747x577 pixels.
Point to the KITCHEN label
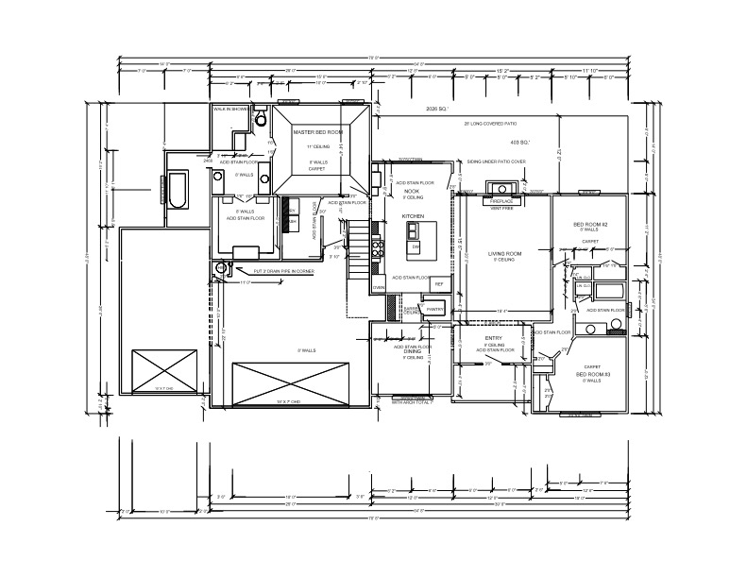pos(414,216)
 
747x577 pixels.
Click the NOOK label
pos(411,191)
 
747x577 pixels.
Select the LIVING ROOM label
pos(504,253)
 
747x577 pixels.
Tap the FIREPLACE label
pos(501,201)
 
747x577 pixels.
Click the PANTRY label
pos(434,309)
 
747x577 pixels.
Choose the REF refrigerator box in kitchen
pos(439,283)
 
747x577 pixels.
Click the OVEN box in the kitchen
pos(379,287)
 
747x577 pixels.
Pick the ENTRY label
pos(493,337)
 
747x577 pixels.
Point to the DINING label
pos(413,351)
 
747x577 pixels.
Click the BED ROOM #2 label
pos(590,223)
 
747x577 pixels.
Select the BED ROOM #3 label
pos(593,374)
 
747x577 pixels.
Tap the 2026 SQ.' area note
pos(435,110)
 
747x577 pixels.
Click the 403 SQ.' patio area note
pos(520,142)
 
